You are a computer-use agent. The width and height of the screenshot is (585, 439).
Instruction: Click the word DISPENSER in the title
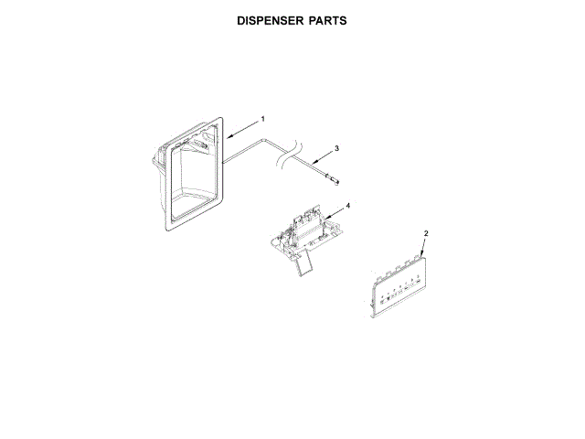click(x=266, y=19)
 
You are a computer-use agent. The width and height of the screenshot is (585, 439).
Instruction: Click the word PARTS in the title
click(x=324, y=19)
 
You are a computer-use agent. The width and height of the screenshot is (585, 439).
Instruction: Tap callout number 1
click(x=263, y=119)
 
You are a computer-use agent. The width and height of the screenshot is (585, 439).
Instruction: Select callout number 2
click(x=426, y=234)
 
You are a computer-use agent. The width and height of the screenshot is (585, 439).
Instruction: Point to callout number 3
click(x=336, y=147)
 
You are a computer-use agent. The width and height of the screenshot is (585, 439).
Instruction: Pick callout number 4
click(x=347, y=205)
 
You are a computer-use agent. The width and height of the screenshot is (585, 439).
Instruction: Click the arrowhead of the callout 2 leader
click(x=418, y=259)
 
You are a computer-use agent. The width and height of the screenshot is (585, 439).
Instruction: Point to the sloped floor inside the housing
click(x=197, y=202)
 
